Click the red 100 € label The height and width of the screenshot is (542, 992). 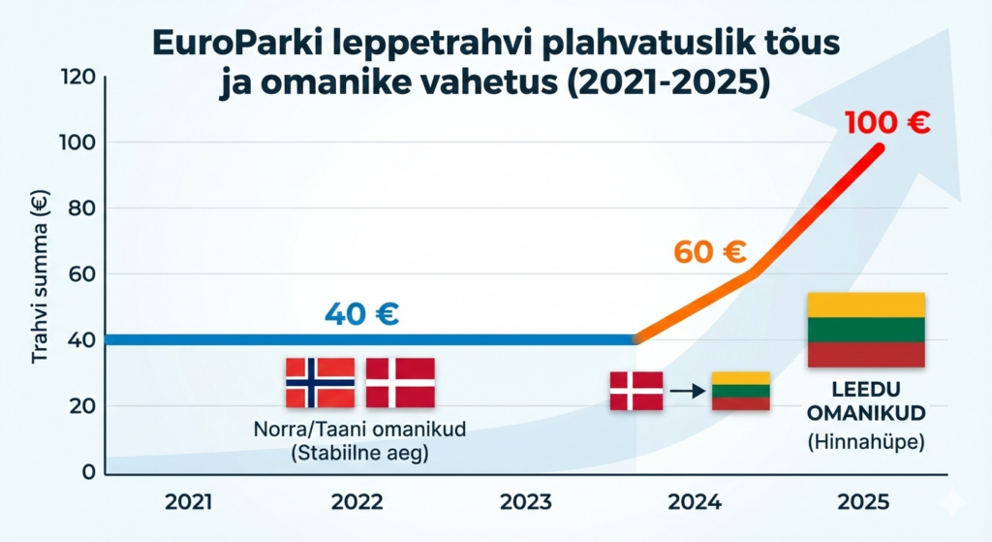886,123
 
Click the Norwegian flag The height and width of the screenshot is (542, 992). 320,382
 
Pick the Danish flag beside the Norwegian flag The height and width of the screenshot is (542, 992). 400,382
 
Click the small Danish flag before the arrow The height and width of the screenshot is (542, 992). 636,391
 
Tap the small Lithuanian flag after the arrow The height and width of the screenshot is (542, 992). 740,391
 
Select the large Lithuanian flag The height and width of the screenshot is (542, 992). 866,330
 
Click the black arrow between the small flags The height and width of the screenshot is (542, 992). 687,392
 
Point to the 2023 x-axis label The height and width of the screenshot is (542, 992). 525,502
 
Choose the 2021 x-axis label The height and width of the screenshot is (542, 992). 191,502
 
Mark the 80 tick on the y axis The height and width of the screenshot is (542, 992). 81,207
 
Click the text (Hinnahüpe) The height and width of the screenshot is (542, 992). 866,443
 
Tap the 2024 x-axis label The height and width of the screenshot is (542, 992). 694,502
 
